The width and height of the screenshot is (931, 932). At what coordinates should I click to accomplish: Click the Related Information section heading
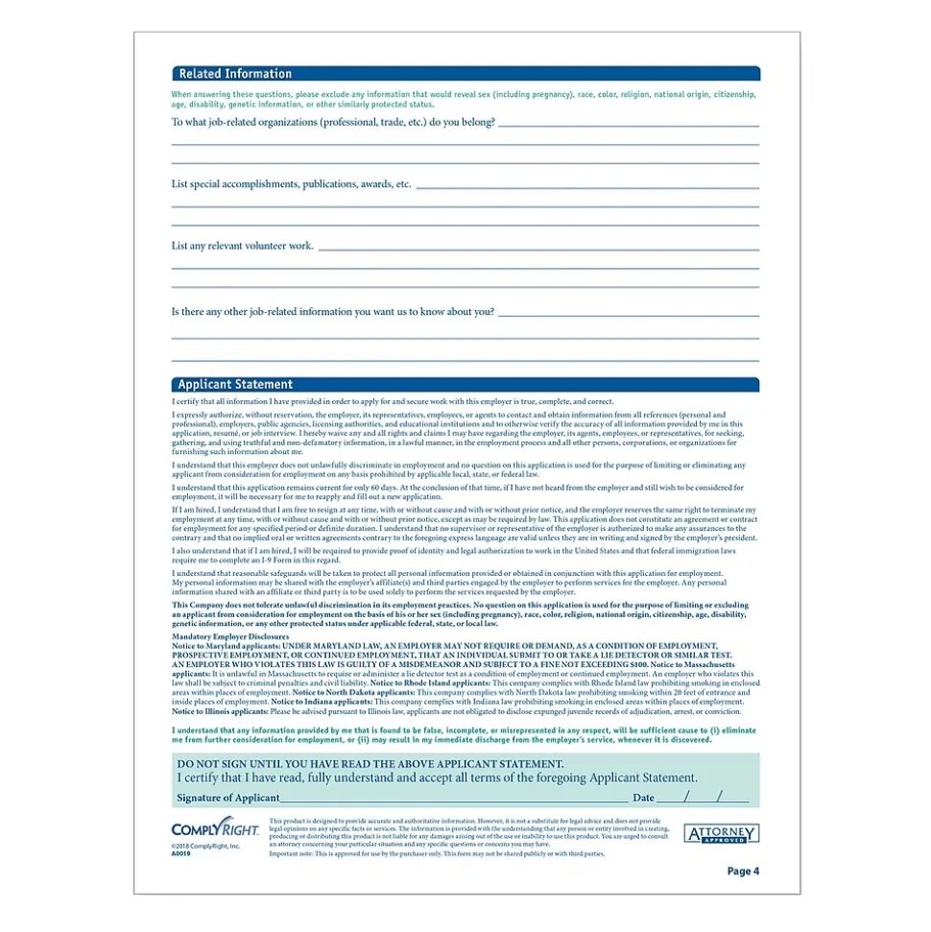point(235,74)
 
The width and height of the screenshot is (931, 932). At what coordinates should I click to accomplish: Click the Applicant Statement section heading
point(235,385)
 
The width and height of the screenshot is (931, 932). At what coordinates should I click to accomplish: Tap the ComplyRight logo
point(203,827)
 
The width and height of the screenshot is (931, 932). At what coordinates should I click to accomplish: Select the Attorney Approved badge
point(721,834)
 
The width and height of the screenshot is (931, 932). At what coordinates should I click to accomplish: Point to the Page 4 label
point(743,872)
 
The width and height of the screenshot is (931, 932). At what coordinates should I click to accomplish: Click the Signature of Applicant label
point(228,798)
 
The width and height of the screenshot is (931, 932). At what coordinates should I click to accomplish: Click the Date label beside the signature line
point(643,798)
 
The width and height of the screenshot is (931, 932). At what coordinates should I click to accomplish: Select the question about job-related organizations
point(333,122)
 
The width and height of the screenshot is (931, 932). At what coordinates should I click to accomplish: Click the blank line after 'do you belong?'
point(629,125)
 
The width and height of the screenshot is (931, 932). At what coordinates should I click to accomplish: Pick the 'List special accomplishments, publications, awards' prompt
point(291,183)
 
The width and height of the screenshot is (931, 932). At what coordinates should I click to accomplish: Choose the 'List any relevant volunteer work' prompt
point(243,246)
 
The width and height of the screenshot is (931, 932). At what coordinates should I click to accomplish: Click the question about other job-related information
point(333,311)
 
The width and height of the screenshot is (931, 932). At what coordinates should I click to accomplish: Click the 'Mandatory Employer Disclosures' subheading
point(230,636)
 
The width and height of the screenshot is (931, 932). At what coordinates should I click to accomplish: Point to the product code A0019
point(182,852)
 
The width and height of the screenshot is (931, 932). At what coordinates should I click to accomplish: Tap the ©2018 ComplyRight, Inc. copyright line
point(206,845)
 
